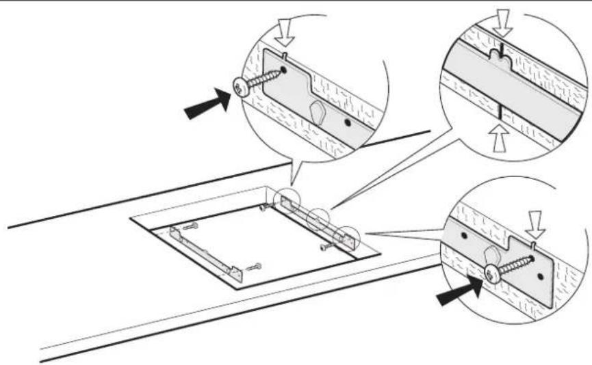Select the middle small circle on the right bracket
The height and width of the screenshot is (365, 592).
pyautogui.click(x=316, y=219)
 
